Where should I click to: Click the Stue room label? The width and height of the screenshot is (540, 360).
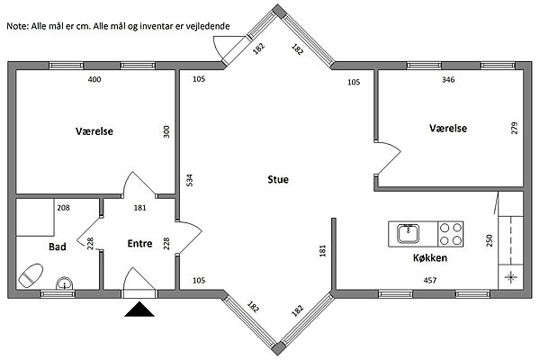[x=278, y=179]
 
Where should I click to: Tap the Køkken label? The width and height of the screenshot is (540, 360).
[x=430, y=257]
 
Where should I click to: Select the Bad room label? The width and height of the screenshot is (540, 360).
[x=58, y=247]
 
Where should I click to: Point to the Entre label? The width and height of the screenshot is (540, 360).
[x=139, y=244]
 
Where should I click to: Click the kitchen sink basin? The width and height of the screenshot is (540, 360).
[x=408, y=234]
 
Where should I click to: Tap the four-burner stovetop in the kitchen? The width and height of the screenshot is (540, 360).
[x=451, y=234]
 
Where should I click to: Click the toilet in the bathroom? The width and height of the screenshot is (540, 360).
[x=31, y=275]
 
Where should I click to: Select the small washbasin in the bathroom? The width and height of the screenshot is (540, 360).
[x=65, y=283]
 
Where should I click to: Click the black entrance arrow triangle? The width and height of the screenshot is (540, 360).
[x=139, y=309]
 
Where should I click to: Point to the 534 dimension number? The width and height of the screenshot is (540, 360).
[x=189, y=181]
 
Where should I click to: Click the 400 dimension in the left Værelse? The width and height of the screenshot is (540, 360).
[x=94, y=79]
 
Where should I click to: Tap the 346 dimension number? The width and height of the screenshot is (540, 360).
[x=448, y=79]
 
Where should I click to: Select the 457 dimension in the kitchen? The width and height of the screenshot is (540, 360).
[x=430, y=281]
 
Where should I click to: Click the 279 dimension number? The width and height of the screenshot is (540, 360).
[x=514, y=128]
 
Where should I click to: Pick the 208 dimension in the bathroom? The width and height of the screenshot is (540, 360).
[x=63, y=208]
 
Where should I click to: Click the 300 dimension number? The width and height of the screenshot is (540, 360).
[x=166, y=131]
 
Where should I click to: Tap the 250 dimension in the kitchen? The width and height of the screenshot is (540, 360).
[x=490, y=240]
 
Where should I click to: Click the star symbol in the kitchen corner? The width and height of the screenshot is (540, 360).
[x=510, y=277]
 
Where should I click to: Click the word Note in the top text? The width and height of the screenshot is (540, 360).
[x=18, y=26]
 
